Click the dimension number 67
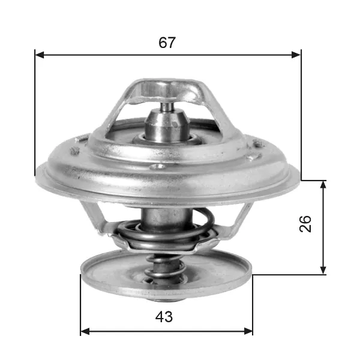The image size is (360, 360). pyautogui.click(x=167, y=43)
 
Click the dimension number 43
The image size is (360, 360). pyautogui.click(x=164, y=317)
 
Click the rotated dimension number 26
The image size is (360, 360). pyautogui.click(x=305, y=224)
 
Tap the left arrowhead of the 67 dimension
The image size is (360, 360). pyautogui.click(x=39, y=55)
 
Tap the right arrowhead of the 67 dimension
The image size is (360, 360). pyautogui.click(x=296, y=55)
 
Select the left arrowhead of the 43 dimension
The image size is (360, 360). pyautogui.click(x=85, y=331)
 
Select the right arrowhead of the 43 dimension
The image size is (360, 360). pyautogui.click(x=248, y=331)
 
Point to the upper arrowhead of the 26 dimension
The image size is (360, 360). pyautogui.click(x=323, y=185)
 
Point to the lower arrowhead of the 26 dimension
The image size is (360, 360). pyautogui.click(x=323, y=270)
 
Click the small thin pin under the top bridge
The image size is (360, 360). pyautogui.click(x=167, y=107)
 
